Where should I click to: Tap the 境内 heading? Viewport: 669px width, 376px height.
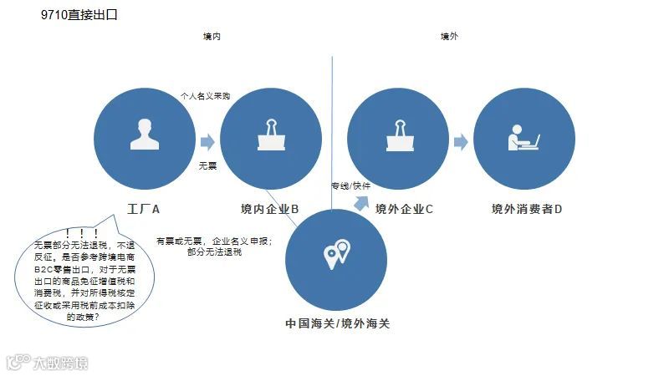(212, 37)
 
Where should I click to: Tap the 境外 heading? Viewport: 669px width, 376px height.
(449, 37)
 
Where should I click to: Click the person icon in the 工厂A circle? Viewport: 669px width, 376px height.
(145, 135)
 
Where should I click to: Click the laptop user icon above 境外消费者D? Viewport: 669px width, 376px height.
(523, 136)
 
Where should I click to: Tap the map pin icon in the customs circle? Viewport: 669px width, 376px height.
(336, 253)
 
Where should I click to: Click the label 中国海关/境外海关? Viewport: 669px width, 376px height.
(337, 323)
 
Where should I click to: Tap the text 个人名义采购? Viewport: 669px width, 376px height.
(205, 96)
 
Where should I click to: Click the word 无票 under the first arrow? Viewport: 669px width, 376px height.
(207, 165)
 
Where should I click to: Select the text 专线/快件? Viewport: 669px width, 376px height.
(350, 185)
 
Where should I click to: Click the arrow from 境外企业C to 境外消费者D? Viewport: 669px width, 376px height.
(460, 142)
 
